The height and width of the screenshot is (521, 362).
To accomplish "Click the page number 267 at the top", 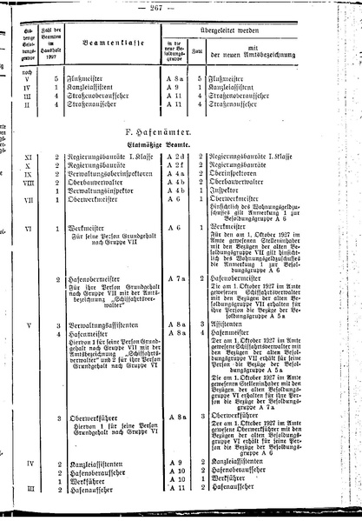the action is (x=180, y=8).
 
